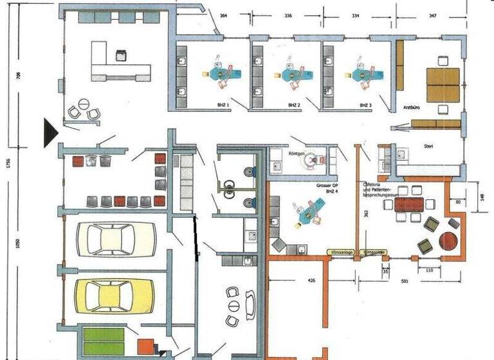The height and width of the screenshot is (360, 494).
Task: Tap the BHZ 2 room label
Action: point(293,104)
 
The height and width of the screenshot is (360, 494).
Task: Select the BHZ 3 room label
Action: point(365,104)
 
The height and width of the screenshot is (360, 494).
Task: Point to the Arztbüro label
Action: point(412,107)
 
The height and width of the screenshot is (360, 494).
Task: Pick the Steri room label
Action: point(428,147)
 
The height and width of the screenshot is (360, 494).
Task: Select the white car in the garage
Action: point(116,239)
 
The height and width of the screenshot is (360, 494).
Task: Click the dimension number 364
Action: point(223,14)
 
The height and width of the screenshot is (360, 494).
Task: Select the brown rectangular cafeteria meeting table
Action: point(408,204)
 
